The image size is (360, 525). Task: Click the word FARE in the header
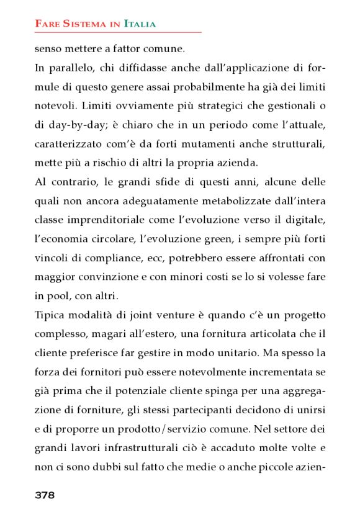coord(45,24)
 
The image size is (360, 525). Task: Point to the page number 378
coord(45,495)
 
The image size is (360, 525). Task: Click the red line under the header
coord(118,32)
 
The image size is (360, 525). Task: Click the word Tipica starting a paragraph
coord(48,316)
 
